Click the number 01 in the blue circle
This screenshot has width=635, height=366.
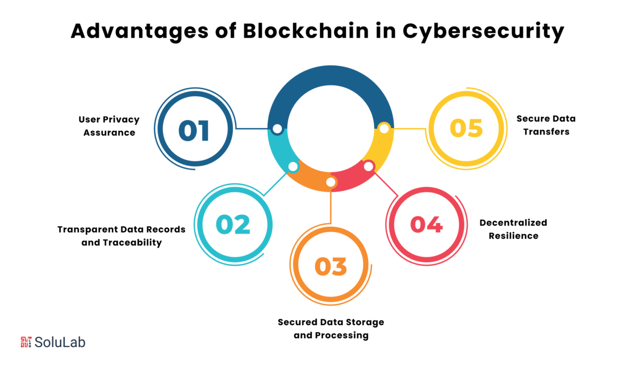pyautogui.click(x=194, y=130)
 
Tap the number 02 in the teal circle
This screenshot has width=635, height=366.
pyautogui.click(x=233, y=225)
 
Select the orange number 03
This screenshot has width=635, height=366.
pyautogui.click(x=331, y=266)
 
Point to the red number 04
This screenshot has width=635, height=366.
pyautogui.click(x=427, y=225)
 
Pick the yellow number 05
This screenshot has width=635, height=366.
pyautogui.click(x=466, y=128)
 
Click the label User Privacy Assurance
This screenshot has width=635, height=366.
pyautogui.click(x=109, y=126)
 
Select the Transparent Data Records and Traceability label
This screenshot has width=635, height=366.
pyautogui.click(x=121, y=236)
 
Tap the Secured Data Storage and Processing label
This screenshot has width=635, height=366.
pyautogui.click(x=331, y=328)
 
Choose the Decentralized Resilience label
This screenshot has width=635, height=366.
pyautogui.click(x=513, y=229)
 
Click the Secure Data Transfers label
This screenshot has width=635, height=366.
pyautogui.click(x=546, y=125)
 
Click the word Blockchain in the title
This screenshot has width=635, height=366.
pyautogui.click(x=306, y=31)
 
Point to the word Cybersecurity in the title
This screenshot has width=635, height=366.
pyautogui.click(x=483, y=32)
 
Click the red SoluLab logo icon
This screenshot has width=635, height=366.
pyautogui.click(x=26, y=342)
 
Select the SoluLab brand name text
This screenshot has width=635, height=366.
pyautogui.click(x=60, y=342)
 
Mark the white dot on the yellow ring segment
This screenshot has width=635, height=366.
pyautogui.click(x=384, y=129)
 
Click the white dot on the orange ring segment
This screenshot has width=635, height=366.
pyautogui.click(x=331, y=182)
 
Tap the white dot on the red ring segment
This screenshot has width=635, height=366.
pyautogui.click(x=368, y=166)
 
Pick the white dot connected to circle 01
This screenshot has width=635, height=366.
pyautogui.click(x=277, y=129)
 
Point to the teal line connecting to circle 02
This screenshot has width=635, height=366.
pyautogui.click(x=275, y=184)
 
